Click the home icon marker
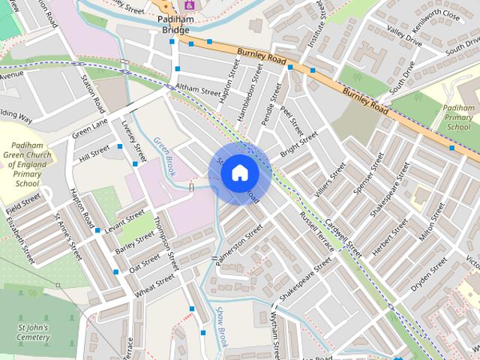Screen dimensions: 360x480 (x=239, y=173)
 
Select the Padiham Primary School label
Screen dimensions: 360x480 (x=458, y=118)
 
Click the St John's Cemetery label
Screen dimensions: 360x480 (x=33, y=332)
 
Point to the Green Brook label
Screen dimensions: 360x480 (x=165, y=156)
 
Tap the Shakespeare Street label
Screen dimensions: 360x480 (x=305, y=280)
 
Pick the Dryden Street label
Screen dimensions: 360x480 (x=429, y=274)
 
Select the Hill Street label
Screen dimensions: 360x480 (x=94, y=153)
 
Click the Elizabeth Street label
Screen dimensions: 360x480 (x=21, y=239)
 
